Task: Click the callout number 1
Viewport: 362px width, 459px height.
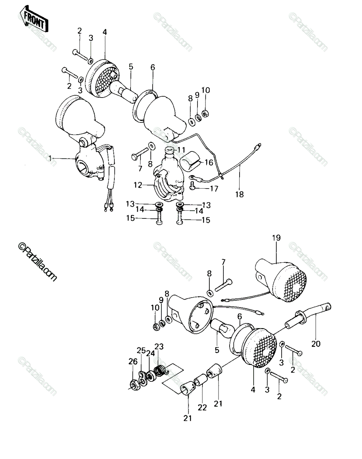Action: tap(51, 158)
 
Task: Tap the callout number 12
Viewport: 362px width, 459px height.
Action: tap(138, 185)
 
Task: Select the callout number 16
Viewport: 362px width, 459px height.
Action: tap(209, 163)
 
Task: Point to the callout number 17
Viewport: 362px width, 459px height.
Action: tap(214, 189)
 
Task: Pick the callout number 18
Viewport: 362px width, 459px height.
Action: tap(240, 194)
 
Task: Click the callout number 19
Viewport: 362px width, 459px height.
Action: tap(276, 238)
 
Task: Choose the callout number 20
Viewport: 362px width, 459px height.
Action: tap(316, 344)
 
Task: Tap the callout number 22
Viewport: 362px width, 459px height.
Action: tap(202, 408)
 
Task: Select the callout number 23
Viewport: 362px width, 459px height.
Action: tap(159, 347)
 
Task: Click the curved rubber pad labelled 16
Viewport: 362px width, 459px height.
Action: tap(191, 161)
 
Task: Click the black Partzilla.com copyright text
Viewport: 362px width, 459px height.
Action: tap(38, 262)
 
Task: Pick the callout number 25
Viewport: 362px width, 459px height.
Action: tap(141, 350)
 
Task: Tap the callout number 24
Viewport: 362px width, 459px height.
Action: tap(150, 353)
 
